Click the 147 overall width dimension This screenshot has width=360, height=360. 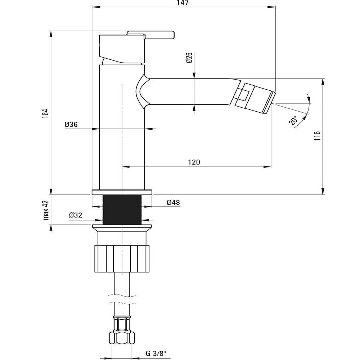coord(183,3)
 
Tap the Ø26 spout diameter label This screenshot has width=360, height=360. coord(189,58)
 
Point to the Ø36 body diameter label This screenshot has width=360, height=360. coord(71,125)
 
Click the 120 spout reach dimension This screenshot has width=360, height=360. coord(194,162)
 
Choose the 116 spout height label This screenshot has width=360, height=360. coord(317,136)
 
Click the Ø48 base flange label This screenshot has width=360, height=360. coord(174,202)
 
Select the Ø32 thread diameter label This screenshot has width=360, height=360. coord(76,215)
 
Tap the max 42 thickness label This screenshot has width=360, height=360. coord(46,210)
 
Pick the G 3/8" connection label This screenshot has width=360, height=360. coord(156,353)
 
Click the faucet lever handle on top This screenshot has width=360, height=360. coord(150,35)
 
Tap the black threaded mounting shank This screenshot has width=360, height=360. coord(122,210)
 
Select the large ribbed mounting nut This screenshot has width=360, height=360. coord(122,259)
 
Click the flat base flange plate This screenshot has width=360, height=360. coord(122,192)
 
